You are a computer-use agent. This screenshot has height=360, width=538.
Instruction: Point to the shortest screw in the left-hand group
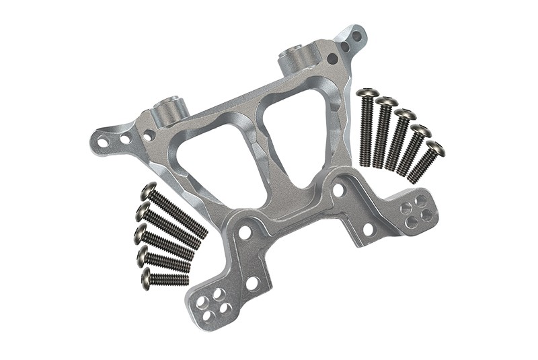(x=164, y=278)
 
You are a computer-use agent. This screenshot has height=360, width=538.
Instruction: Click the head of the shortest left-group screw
(x=146, y=277)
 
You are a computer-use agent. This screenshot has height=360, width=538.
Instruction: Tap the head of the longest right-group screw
(x=368, y=93)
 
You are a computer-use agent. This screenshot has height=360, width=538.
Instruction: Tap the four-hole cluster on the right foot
(x=416, y=210)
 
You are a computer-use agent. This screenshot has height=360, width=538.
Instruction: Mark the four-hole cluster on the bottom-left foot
(x=214, y=303)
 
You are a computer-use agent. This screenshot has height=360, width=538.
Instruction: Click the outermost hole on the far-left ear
(x=103, y=142)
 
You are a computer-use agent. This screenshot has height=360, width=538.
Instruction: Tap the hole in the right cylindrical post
(x=295, y=50)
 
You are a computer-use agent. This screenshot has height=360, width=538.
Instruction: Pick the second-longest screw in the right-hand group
(x=383, y=131)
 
